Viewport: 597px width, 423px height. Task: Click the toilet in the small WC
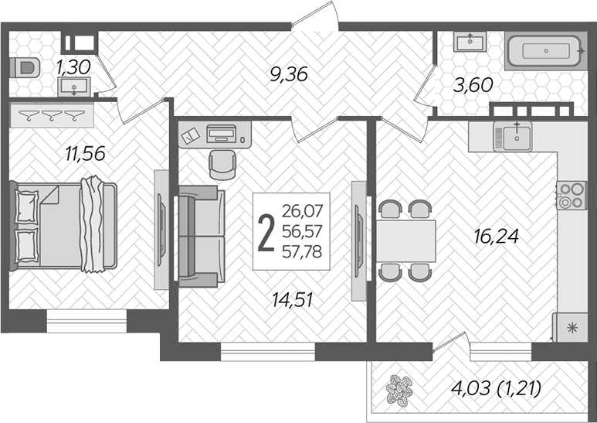25,67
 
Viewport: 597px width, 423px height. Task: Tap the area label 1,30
74,67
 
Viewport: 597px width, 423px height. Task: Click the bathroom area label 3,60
471,85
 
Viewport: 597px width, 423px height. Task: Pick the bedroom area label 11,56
84,153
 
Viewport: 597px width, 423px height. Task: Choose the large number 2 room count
266,233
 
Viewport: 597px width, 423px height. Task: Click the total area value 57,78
303,250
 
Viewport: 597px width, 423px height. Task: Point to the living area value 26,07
303,210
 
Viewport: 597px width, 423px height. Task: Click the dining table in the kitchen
406,240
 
